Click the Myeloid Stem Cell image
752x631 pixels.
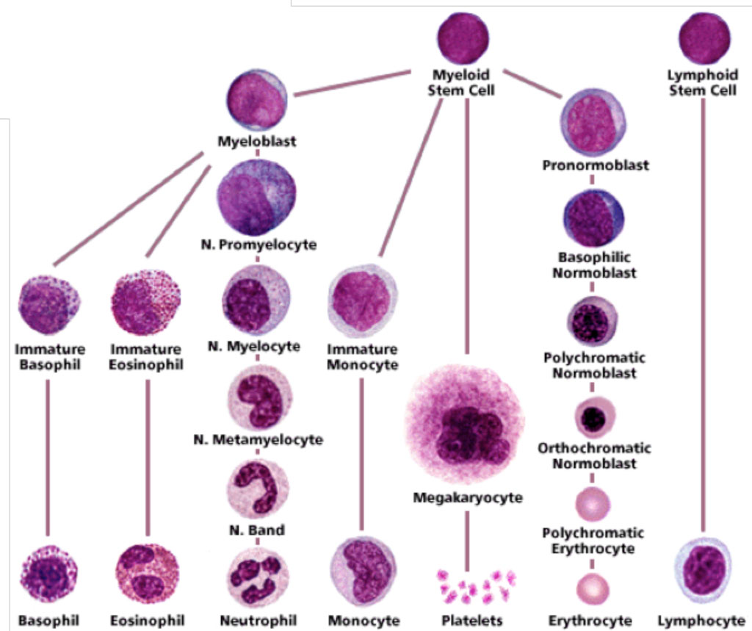463,38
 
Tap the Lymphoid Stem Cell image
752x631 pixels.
703,38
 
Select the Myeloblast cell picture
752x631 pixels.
256,101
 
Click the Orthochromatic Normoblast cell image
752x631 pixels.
594,417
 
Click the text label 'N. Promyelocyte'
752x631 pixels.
258,245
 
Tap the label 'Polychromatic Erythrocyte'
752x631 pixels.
593,541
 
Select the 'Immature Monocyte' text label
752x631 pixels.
363,356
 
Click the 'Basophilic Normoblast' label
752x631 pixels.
595,265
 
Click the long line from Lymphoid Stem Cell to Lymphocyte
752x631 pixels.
704,316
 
